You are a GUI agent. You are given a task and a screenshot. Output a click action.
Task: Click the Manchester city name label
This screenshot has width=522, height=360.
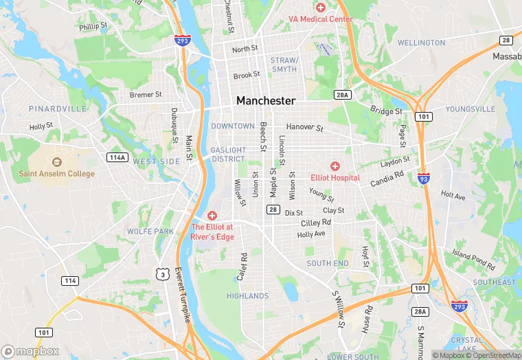click(266, 100)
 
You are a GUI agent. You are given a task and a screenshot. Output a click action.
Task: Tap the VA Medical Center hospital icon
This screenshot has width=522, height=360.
click(321, 7)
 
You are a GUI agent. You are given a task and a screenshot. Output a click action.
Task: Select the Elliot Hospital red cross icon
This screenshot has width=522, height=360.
click(335, 166)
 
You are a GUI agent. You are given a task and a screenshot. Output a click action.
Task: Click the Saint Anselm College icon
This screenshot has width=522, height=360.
click(56, 162)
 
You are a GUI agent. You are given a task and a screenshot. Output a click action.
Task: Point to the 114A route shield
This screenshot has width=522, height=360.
click(117, 157)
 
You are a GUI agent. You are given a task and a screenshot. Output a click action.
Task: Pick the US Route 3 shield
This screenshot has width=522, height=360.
click(162, 274)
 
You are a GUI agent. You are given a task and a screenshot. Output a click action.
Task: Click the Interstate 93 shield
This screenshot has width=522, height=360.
click(424, 179)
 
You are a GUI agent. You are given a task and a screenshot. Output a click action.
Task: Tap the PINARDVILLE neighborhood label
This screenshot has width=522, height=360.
click(58, 109)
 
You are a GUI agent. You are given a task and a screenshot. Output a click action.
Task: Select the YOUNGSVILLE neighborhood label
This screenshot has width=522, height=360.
click(470, 109)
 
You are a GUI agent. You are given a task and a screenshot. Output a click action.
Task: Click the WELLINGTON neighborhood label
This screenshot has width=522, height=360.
click(421, 43)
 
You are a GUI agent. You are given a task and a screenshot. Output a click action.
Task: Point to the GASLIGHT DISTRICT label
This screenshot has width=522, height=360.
click(228, 155)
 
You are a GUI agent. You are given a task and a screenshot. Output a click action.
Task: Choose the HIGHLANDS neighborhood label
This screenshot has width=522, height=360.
click(247, 296)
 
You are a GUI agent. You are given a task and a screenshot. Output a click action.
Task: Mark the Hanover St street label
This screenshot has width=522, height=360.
click(304, 127)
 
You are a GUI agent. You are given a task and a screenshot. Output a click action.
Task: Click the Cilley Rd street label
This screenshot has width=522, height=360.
click(316, 223)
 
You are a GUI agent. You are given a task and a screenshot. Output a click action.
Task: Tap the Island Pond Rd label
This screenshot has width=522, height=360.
click(474, 259)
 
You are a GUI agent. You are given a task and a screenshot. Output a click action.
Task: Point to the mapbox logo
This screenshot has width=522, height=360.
click(30, 351)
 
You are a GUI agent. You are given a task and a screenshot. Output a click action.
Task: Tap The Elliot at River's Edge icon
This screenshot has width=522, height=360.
click(212, 216)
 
